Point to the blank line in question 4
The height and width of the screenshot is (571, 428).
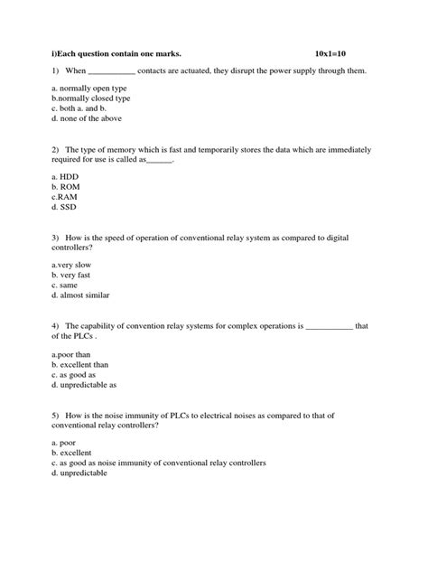330,325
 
